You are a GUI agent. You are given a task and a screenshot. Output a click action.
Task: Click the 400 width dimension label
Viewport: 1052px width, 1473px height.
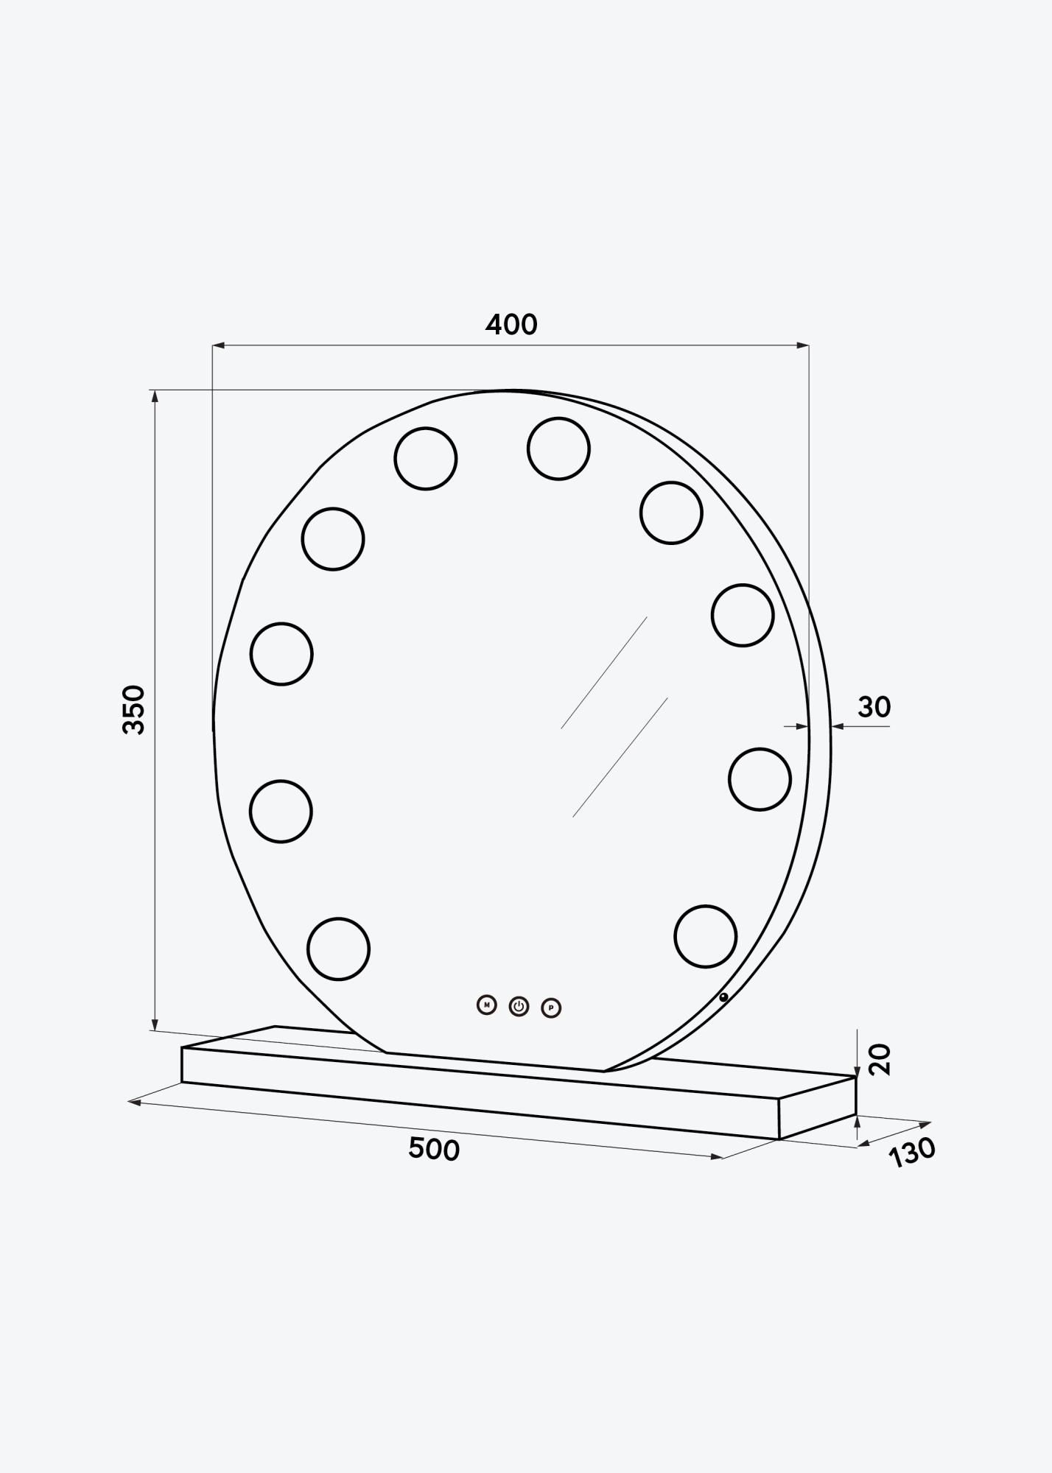pyautogui.click(x=511, y=324)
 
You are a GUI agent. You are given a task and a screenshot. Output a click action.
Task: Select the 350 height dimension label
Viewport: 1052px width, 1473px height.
pyautogui.click(x=134, y=709)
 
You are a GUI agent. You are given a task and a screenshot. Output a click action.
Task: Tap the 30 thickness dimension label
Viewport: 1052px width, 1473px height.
pyautogui.click(x=874, y=707)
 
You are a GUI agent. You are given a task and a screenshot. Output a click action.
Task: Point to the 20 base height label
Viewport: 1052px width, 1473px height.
pyautogui.click(x=880, y=1059)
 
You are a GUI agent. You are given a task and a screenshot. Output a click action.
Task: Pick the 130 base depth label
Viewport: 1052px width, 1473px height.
pyautogui.click(x=912, y=1152)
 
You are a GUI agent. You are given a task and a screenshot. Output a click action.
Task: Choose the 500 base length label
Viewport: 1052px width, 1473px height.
pyautogui.click(x=434, y=1149)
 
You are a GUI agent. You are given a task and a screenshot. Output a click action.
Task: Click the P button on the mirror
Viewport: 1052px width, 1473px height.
pyautogui.click(x=551, y=1008)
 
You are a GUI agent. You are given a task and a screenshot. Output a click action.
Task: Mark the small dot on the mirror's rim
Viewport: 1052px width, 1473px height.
pyautogui.click(x=723, y=997)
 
